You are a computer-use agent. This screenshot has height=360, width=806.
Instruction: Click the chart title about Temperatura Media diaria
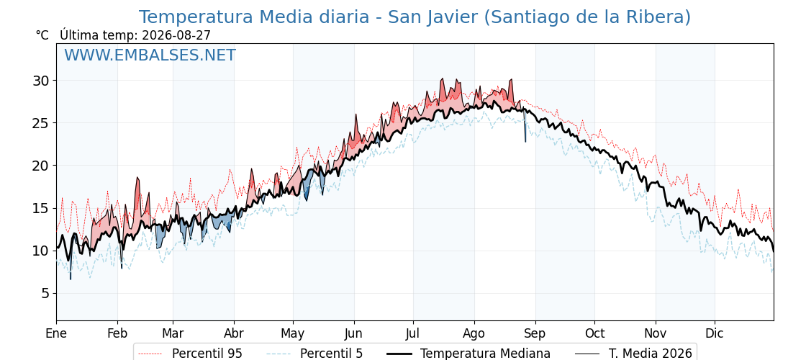(415, 17)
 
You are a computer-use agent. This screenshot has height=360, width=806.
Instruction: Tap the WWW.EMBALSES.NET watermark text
(150, 55)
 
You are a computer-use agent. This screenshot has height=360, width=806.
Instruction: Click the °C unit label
(42, 35)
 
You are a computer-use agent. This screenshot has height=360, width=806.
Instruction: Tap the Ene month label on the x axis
(56, 334)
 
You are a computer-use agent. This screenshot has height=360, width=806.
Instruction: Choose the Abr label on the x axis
(234, 334)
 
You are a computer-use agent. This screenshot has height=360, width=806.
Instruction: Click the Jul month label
(413, 334)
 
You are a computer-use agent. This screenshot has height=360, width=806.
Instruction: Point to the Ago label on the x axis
(474, 335)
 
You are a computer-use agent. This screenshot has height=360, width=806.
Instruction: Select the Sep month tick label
(535, 335)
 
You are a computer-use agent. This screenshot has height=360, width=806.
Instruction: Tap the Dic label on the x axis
(715, 334)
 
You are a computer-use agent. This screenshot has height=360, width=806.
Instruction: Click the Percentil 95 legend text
(207, 354)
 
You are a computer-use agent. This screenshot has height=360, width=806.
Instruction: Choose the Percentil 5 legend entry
(331, 354)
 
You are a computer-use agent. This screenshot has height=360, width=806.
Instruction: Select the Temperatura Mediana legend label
(485, 354)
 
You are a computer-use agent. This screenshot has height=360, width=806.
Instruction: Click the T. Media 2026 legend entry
(651, 354)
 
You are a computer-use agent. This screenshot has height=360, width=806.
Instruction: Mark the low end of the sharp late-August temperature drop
(525, 141)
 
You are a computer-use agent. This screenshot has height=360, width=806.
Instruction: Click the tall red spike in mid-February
(137, 178)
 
